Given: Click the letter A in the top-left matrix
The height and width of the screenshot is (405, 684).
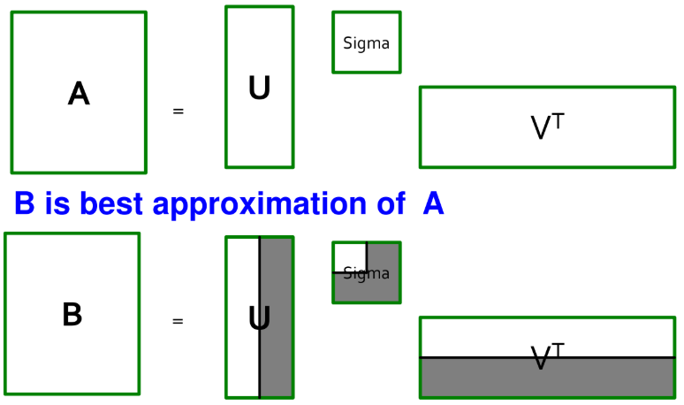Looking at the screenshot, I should [79, 93].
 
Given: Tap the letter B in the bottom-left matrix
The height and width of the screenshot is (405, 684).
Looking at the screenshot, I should [72, 315].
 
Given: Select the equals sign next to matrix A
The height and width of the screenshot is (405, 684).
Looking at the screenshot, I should [178, 111].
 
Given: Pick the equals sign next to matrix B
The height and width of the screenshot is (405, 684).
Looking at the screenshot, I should [178, 321].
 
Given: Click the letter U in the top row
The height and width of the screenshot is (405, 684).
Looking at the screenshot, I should [259, 88].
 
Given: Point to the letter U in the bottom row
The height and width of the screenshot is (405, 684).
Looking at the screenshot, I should [259, 318].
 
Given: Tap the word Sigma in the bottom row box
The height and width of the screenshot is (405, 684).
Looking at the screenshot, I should [366, 273].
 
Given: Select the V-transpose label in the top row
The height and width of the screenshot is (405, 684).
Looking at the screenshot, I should [547, 127].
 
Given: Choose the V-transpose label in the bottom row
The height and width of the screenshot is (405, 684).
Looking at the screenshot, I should [547, 356].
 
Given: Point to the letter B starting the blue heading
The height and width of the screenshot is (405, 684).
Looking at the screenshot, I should [25, 204].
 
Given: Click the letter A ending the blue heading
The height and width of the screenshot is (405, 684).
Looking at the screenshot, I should [433, 204].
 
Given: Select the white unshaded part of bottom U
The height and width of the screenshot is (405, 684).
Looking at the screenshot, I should [242, 354].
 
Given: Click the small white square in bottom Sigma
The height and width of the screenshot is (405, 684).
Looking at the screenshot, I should [350, 256].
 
